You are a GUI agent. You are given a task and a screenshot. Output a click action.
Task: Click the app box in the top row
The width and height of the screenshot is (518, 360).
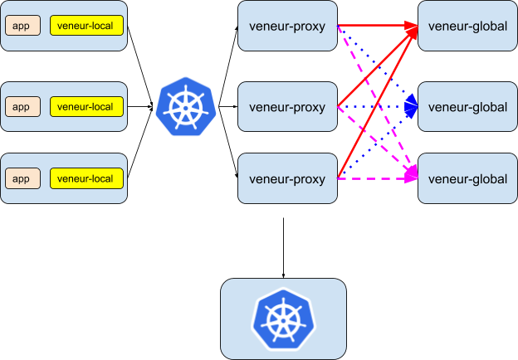[x=22, y=26]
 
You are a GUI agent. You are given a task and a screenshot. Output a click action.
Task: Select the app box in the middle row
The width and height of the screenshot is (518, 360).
[x=22, y=106]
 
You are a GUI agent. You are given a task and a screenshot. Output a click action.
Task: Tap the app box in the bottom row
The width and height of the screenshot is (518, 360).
[x=22, y=178]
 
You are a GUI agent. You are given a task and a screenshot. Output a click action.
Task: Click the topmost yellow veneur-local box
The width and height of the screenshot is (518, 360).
[x=86, y=26]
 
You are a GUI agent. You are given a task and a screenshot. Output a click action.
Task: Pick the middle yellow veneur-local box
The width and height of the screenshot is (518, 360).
[x=86, y=106]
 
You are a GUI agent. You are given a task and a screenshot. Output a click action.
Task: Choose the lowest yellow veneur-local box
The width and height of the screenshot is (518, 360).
[x=86, y=178]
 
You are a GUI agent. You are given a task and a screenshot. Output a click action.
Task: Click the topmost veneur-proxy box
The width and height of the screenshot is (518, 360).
[x=287, y=26]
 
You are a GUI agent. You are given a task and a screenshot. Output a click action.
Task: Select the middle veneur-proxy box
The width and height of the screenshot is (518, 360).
[x=287, y=106]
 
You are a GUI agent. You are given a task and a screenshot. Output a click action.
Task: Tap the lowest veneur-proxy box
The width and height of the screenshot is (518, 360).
[x=287, y=178]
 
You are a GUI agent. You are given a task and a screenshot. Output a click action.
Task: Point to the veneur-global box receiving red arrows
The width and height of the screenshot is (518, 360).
[x=467, y=26]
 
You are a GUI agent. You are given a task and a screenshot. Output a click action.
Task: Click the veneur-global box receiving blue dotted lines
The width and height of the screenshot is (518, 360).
[x=467, y=106]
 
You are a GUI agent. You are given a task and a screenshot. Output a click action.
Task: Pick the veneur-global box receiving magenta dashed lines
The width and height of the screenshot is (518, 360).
[x=467, y=178]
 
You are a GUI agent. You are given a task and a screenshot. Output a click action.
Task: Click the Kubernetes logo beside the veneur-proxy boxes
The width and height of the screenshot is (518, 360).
[x=186, y=105]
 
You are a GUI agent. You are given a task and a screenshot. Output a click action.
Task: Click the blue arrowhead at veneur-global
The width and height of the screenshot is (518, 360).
[x=412, y=105]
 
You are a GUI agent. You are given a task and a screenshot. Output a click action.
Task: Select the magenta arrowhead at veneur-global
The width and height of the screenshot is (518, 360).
[x=412, y=175]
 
